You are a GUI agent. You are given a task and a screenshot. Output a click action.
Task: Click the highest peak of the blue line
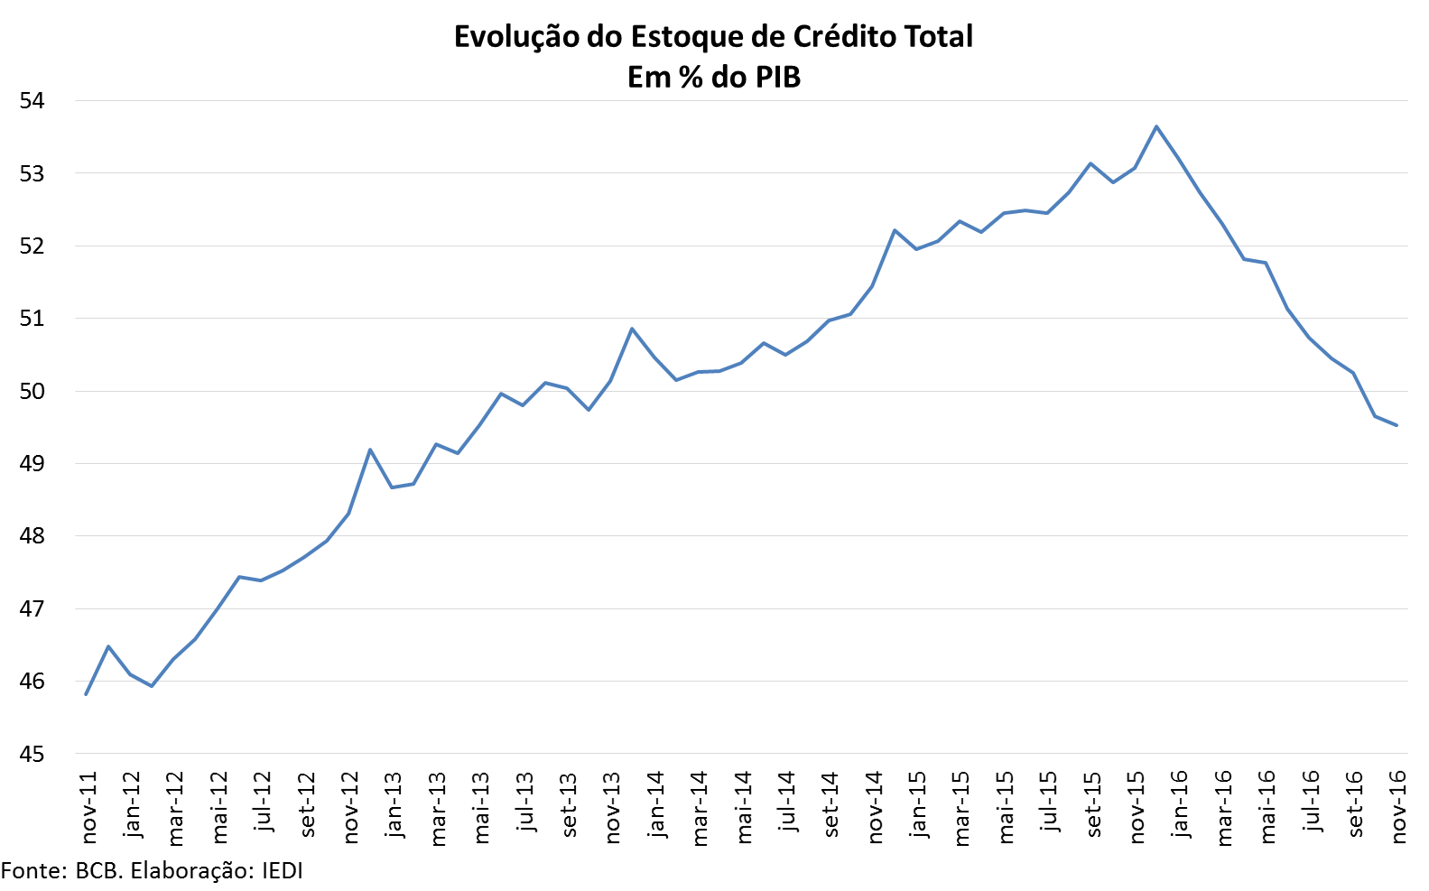(x=1156, y=126)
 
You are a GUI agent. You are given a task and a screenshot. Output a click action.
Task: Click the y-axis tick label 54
(x=32, y=100)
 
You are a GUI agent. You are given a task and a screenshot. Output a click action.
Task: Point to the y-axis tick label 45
(x=32, y=754)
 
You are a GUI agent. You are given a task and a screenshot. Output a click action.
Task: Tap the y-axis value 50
(x=32, y=391)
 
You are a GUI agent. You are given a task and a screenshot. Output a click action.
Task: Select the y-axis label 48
(x=32, y=536)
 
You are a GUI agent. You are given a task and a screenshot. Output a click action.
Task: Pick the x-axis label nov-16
(x=1398, y=807)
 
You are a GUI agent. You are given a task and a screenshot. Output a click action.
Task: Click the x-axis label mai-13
(x=480, y=807)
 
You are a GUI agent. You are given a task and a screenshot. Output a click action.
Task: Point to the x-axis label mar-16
(x=1223, y=807)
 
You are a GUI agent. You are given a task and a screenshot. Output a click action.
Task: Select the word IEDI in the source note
(x=283, y=871)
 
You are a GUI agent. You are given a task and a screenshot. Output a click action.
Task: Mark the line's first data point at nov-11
(x=86, y=694)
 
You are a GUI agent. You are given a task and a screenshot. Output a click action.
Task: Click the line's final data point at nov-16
(x=1397, y=425)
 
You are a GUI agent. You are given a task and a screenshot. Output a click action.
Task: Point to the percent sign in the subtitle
(x=691, y=78)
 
